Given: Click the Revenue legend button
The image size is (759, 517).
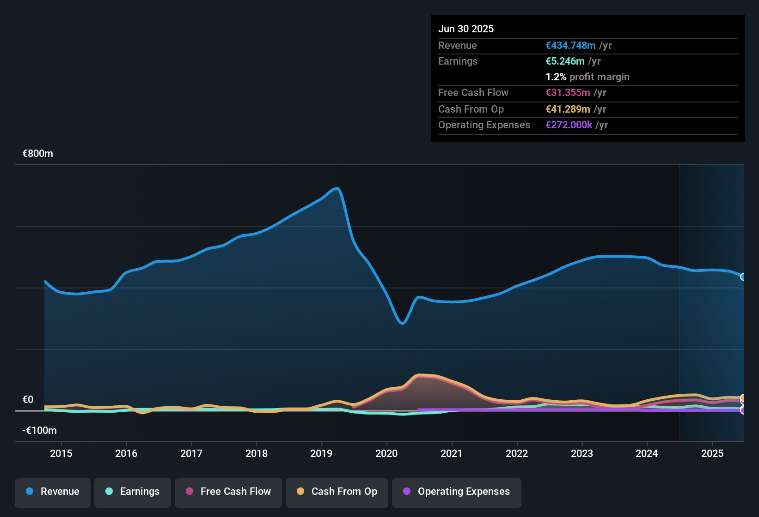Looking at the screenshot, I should tap(53, 492).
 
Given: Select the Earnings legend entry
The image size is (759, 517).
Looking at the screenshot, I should tap(133, 492).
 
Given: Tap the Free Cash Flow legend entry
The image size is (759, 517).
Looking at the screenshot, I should tap(228, 492).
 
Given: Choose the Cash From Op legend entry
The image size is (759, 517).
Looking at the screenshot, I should tap(337, 492).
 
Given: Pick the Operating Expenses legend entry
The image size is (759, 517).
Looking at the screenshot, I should tap(457, 492).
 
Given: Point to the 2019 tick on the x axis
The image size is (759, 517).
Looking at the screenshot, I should tap(321, 453).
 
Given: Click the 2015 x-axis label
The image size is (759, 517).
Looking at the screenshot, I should tap(61, 453).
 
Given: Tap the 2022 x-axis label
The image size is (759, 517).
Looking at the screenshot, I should tap(517, 453).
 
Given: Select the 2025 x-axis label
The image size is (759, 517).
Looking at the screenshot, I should tap(712, 453).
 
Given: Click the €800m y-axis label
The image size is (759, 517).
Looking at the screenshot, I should tap(38, 154).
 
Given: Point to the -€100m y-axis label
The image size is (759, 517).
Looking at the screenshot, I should tap(40, 431).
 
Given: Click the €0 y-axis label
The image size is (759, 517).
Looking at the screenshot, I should tap(28, 400).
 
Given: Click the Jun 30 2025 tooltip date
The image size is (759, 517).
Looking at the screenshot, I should tap(466, 29).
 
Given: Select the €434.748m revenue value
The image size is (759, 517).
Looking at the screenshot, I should tap(570, 45).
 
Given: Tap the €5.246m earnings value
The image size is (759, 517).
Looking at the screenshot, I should tap(565, 61).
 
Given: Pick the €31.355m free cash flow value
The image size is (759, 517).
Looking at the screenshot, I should tap(568, 92).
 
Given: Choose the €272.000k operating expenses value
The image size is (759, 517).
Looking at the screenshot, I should tap(569, 125).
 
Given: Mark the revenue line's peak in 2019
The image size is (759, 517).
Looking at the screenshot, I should tap(337, 188).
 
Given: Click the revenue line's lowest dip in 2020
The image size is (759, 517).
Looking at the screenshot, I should tap(402, 323).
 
